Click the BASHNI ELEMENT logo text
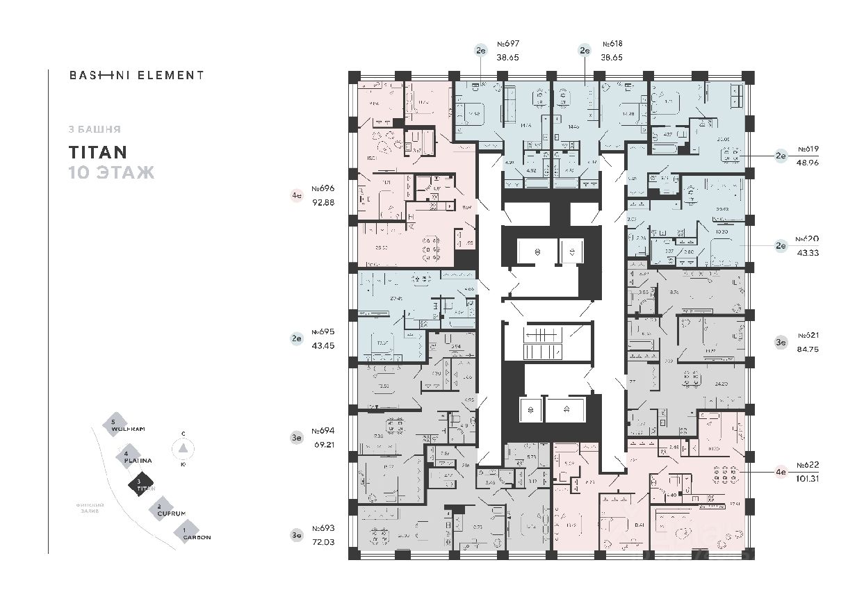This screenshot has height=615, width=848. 136,75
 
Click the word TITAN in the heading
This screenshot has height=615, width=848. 97,152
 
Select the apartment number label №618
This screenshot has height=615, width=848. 612,44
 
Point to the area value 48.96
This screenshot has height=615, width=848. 808,163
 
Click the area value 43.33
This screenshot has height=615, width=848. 808,252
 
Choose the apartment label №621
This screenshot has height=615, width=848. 808,335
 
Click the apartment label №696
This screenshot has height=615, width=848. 323,188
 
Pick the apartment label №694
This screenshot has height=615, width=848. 323,430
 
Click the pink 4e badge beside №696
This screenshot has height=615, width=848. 297,196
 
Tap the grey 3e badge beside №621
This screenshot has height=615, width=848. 781,341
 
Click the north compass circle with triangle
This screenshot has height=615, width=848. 183,449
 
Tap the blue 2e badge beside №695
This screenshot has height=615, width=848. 297,339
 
